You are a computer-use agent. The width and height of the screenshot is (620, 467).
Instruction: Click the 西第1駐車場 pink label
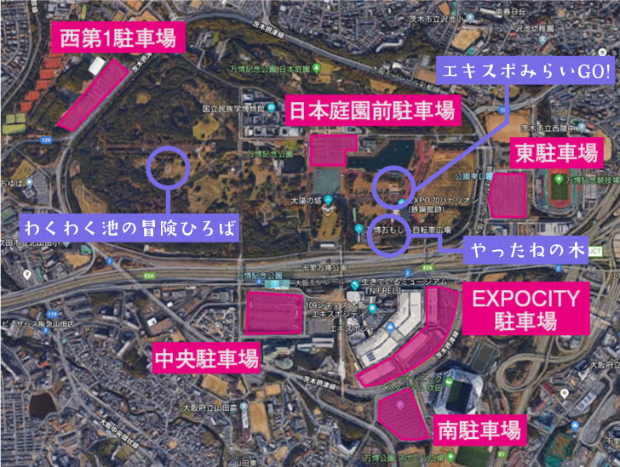pos(118,38)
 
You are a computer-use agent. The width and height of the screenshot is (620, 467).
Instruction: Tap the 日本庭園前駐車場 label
pos(371,110)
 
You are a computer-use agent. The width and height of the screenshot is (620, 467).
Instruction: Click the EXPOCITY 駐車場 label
pos(525,310)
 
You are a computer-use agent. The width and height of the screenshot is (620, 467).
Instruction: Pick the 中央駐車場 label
pos(206,357)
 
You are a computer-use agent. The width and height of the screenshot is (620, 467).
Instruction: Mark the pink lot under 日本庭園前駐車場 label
pos(332,149)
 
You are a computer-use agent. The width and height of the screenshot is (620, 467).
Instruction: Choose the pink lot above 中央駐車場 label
pos(274,312)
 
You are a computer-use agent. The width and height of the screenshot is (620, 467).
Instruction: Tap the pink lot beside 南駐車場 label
pos(400,418)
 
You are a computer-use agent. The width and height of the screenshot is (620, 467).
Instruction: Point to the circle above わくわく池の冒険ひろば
pos(168,167)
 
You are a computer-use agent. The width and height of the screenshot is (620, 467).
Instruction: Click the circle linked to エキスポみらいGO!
pos(394,185)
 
